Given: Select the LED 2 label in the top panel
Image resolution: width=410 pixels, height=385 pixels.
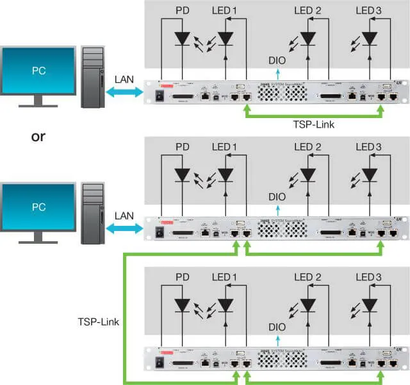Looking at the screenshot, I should click(x=308, y=11).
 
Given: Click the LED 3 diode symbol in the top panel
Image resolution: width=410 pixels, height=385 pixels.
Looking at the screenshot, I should click(x=370, y=38).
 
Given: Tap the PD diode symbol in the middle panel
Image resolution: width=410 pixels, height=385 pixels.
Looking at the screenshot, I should click(x=182, y=175).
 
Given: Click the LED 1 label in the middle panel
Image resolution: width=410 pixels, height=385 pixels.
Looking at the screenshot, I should click(x=224, y=148).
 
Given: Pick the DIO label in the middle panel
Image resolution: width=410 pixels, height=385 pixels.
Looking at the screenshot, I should click(x=277, y=197).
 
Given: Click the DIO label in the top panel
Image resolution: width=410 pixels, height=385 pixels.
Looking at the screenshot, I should click(x=277, y=61).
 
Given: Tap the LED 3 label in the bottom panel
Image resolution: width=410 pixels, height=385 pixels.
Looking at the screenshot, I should click(x=370, y=277).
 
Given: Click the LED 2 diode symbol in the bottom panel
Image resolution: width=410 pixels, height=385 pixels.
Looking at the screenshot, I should click(x=308, y=304).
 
